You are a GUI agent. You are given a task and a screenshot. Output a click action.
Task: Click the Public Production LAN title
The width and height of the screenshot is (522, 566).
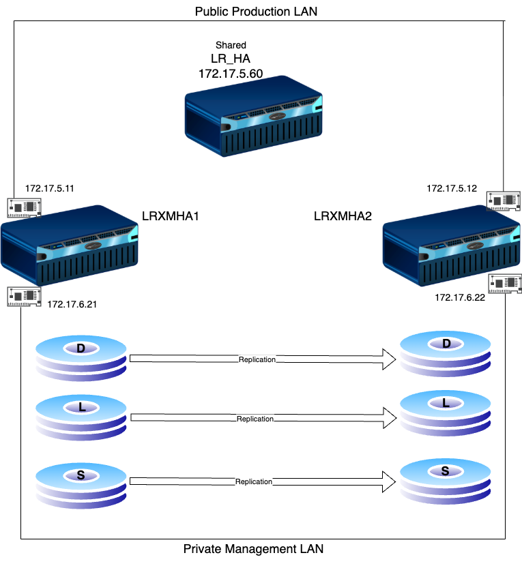[256, 12]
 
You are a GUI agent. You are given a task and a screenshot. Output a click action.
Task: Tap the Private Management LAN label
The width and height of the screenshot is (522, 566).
[253, 548]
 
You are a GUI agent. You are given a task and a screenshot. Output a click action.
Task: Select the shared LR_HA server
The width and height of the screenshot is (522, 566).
[254, 120]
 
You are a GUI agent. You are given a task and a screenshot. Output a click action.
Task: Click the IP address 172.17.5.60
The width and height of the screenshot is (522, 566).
[231, 73]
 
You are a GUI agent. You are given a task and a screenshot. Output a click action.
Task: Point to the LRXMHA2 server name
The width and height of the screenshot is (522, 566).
[343, 216]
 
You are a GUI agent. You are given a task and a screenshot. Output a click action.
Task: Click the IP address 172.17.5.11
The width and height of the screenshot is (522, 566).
[50, 187]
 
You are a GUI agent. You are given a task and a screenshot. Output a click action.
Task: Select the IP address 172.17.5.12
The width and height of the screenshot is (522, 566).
[451, 187]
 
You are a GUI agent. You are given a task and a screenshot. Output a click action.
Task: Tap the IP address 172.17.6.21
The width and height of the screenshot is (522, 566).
[72, 304]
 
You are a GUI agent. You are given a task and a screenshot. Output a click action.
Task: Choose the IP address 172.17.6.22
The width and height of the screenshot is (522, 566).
[459, 297]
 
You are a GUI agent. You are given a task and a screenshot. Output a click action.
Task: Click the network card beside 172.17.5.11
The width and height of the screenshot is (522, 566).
[25, 207]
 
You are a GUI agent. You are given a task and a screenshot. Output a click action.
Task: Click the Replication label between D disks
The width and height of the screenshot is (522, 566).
[257, 359]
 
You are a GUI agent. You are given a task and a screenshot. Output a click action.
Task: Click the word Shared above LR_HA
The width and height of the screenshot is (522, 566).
[231, 45]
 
